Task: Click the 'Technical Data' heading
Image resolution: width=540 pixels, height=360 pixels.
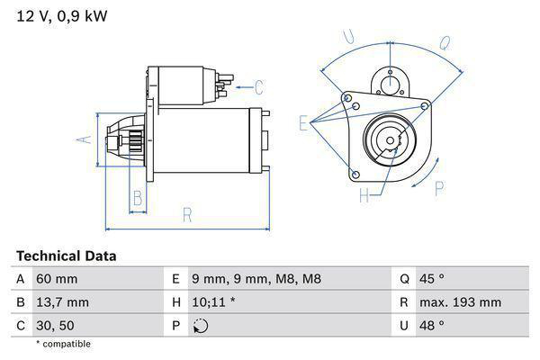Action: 66,256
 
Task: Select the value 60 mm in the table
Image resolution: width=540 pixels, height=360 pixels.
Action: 56,279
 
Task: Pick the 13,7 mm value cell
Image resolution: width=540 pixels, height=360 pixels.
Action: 62,302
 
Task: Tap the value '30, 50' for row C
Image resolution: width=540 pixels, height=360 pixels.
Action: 55,326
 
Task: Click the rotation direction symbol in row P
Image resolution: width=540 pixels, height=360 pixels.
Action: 201,326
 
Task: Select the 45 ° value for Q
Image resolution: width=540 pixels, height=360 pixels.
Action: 435,279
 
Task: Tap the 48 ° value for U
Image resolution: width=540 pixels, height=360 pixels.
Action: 435,326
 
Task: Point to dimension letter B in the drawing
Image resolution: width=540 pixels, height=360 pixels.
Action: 138,197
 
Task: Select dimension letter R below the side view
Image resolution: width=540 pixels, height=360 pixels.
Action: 187,215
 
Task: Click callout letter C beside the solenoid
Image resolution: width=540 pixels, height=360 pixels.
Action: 258,87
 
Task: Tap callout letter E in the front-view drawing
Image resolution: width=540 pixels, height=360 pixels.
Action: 303,124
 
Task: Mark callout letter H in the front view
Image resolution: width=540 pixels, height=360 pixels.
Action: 364,193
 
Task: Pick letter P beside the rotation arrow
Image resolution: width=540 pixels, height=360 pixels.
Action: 440,187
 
